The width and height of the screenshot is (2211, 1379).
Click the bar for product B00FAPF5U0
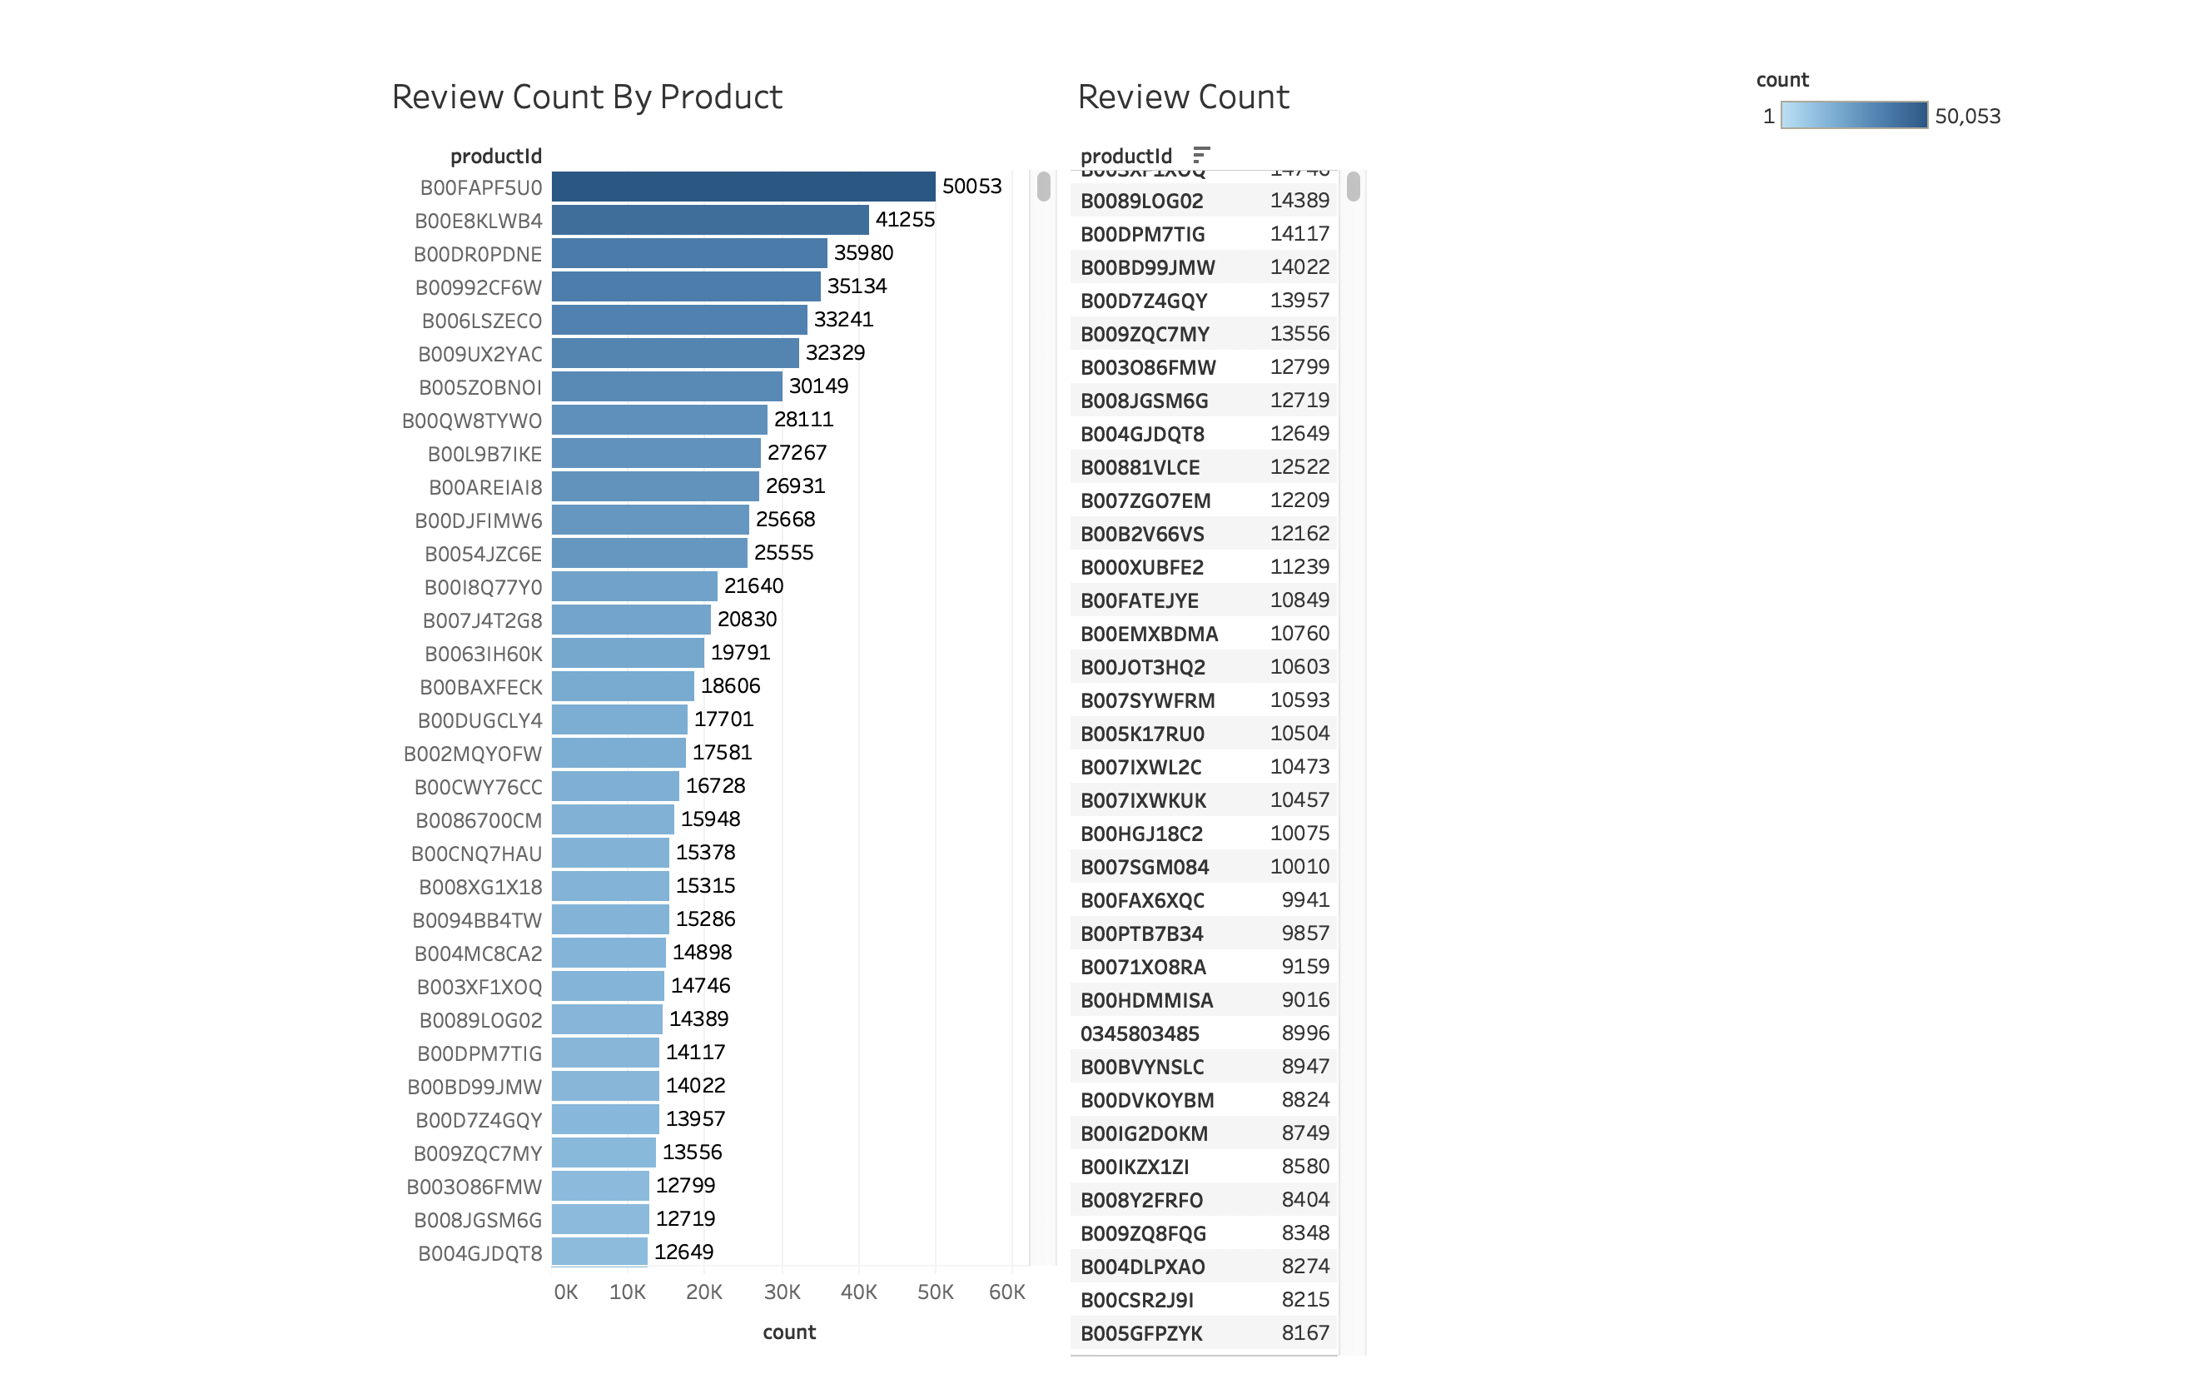pos(743,187)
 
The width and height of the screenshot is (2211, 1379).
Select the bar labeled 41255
pos(710,220)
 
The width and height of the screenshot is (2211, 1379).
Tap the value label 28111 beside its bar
pos(803,420)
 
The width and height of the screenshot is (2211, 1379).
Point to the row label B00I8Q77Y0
pos(482,587)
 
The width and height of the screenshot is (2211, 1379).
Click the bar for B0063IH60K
pos(628,653)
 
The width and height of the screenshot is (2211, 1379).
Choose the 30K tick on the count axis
pos(782,1292)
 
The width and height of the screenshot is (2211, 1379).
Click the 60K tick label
pos(1006,1292)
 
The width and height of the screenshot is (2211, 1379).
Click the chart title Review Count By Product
pos(586,97)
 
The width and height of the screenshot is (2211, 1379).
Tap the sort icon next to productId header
pos(1200,155)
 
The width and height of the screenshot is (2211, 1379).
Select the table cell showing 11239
pos(1299,567)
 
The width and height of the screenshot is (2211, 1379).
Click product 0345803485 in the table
pos(1140,1034)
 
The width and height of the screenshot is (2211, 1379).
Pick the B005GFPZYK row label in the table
pos(1141,1334)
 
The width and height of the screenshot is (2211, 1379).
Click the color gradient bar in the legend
pos(1853,116)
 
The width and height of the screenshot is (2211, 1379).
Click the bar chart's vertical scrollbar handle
pos(1043,187)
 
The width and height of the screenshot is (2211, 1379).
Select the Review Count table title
pos(1183,97)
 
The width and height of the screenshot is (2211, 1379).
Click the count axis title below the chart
pos(788,1332)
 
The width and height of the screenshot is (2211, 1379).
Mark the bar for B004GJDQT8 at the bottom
pos(599,1252)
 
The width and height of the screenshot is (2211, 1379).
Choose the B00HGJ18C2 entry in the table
pos(1141,834)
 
